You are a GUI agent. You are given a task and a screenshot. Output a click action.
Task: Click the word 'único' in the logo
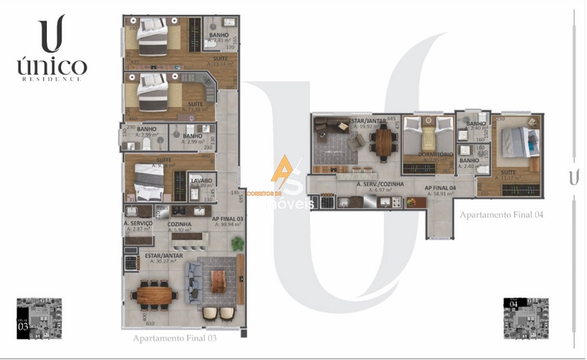pos(51,66)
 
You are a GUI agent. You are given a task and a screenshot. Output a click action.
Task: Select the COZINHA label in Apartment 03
pos(180,224)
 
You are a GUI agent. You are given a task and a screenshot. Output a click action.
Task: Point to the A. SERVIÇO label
pos(138,224)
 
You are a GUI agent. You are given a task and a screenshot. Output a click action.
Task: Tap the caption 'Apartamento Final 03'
pos(174,339)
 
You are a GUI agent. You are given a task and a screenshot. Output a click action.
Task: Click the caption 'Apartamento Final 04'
pos(502,215)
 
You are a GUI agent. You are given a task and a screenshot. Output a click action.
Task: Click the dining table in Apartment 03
pos(155,294)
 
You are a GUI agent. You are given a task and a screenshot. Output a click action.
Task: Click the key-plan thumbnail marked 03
pos(39,317)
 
